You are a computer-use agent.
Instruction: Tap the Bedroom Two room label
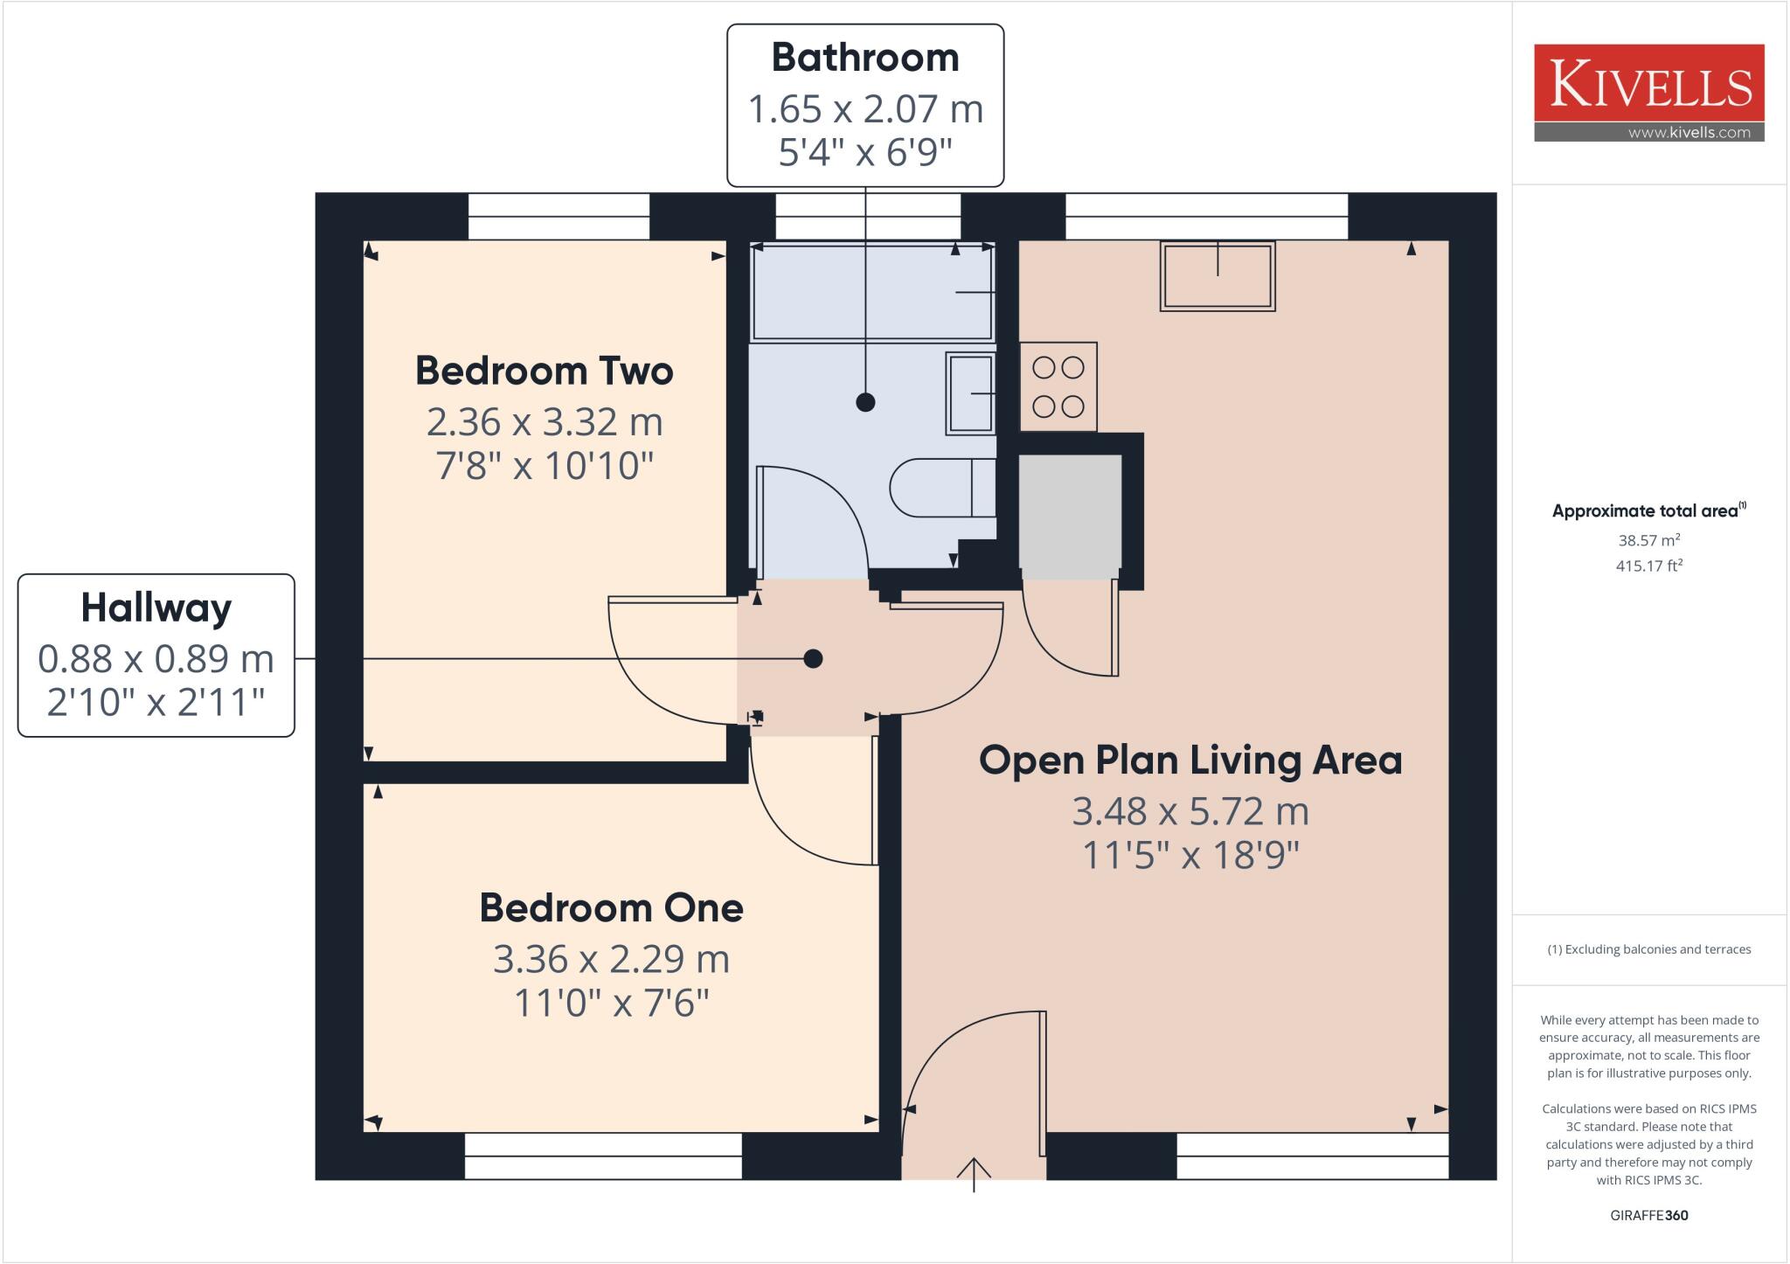click(x=544, y=371)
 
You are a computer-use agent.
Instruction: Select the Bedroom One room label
click(x=611, y=908)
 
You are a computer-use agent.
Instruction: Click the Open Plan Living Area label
click(x=1190, y=760)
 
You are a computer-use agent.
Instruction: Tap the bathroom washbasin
click(x=970, y=393)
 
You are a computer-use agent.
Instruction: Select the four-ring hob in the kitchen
click(x=1058, y=386)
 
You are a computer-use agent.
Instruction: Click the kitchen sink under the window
click(x=1217, y=275)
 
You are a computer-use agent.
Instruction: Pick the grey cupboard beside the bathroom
click(x=1070, y=516)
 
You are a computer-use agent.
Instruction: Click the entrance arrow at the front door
click(x=974, y=1173)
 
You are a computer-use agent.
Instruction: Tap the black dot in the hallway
click(x=813, y=658)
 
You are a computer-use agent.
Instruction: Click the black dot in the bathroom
click(x=865, y=402)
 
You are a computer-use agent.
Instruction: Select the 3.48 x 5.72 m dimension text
click(x=1190, y=811)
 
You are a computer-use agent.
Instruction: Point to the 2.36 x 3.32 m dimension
click(x=544, y=422)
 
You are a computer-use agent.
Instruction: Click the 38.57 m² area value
click(x=1648, y=540)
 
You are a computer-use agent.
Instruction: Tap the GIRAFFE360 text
click(x=1648, y=1215)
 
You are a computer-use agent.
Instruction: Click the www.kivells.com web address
click(x=1689, y=133)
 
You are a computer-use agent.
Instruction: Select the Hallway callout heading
click(x=156, y=608)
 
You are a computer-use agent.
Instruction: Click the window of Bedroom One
click(x=602, y=1156)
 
